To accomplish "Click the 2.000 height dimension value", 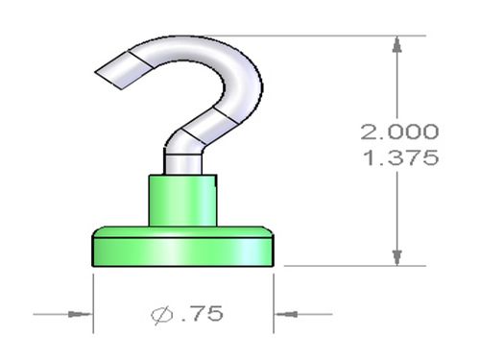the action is [399, 132].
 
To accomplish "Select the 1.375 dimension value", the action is [400, 157].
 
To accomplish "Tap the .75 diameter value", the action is [203, 313].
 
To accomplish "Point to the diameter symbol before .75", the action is [162, 315].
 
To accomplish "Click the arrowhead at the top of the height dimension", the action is [397, 44].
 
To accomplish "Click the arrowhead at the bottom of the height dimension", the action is [397, 257].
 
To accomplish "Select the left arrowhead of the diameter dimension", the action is [80, 314].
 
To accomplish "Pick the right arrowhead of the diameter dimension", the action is [286, 314].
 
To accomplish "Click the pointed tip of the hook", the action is [95, 72].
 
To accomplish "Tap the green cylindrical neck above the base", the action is [182, 201].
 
